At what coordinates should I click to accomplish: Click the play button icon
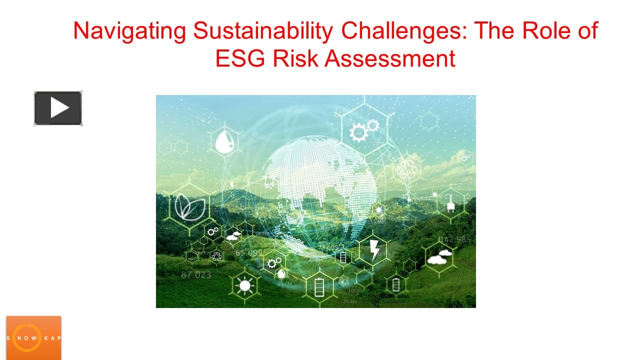pyautogui.click(x=58, y=108)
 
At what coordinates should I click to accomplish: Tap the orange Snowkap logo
pyautogui.click(x=33, y=337)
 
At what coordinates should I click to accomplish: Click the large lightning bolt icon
pyautogui.click(x=373, y=249)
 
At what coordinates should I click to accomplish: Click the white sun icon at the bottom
pyautogui.click(x=244, y=285)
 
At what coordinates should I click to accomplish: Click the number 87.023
pyautogui.click(x=196, y=274)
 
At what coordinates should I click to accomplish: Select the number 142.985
pyautogui.click(x=454, y=239)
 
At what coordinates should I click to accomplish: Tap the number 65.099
pyautogui.click(x=249, y=253)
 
